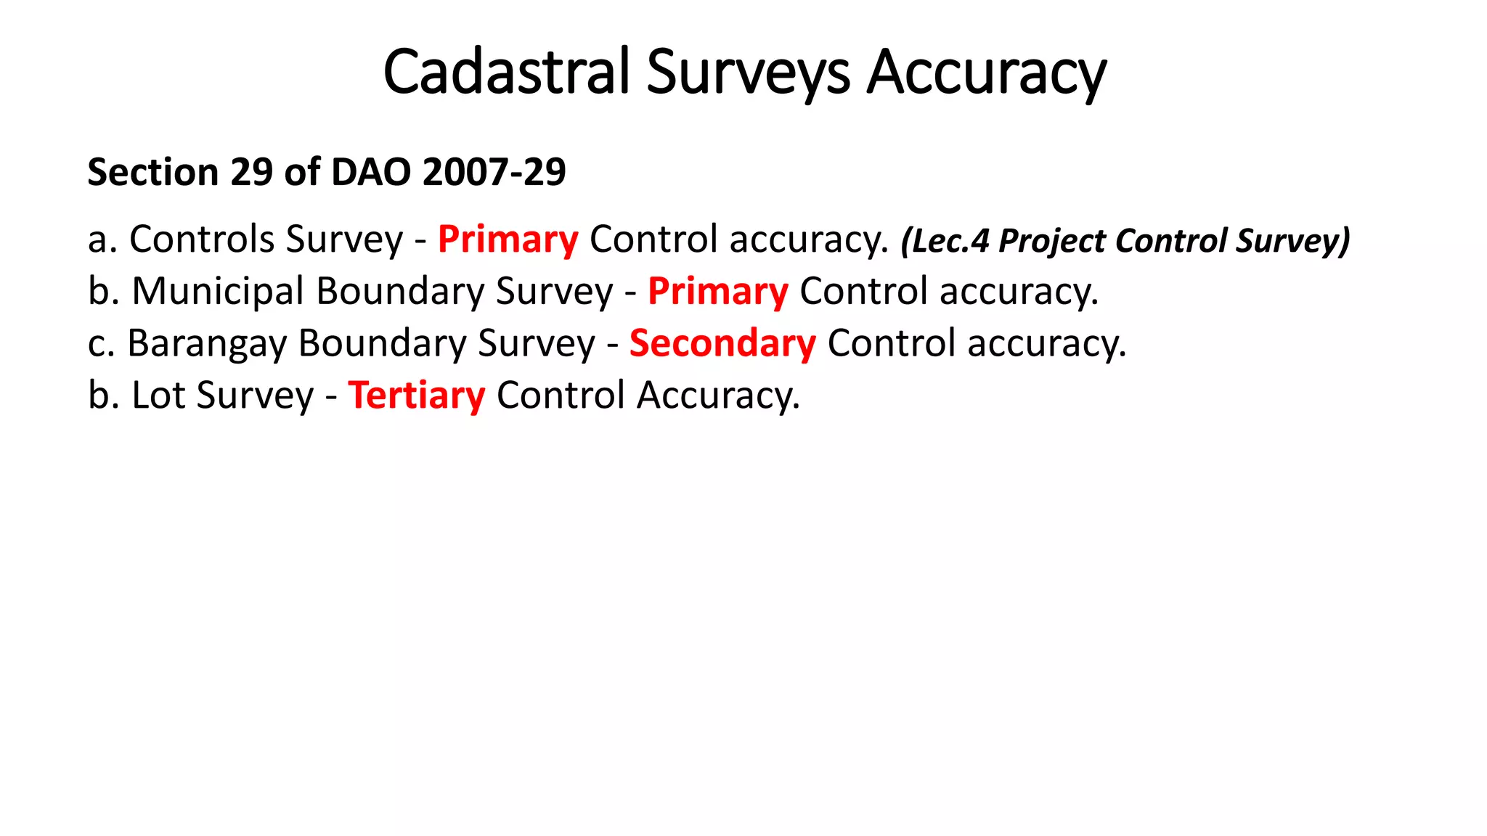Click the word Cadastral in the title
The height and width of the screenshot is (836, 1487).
coord(506,73)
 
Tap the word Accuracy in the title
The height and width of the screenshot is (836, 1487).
coord(987,73)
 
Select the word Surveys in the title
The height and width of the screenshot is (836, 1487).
coord(748,73)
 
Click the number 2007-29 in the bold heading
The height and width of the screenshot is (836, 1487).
coord(494,173)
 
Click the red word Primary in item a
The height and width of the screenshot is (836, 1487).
coord(508,239)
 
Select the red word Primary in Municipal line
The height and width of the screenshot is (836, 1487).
coord(717,292)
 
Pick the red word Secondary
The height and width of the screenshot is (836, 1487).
coord(722,343)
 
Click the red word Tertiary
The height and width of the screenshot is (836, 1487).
coord(416,396)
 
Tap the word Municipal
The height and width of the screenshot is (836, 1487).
coord(218,292)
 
